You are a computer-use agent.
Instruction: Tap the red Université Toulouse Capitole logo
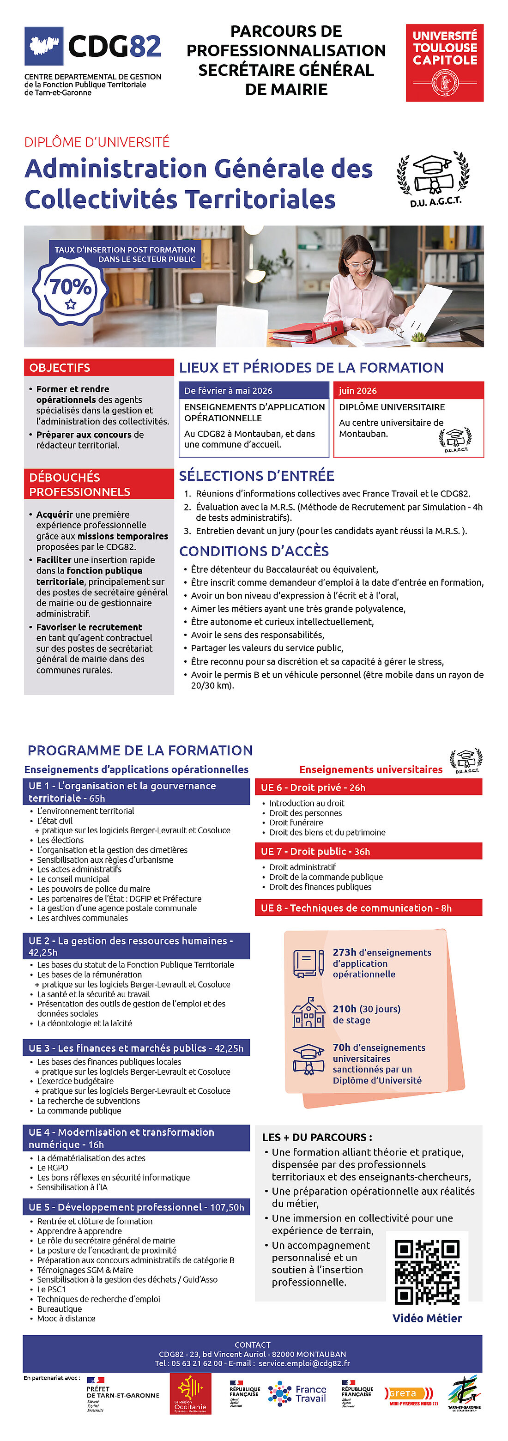(444, 63)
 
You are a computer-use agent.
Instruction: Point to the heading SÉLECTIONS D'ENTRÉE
(256, 476)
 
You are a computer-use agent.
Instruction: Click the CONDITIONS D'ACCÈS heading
(254, 551)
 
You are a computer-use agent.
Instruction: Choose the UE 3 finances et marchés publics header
(136, 1048)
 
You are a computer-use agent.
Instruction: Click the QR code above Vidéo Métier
(427, 1272)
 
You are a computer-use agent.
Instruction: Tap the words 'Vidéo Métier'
(427, 1318)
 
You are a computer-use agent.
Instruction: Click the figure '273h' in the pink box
(344, 952)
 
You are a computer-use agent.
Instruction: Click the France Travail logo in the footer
(297, 1393)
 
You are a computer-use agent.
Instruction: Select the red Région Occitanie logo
(190, 1394)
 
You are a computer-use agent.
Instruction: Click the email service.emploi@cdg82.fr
(304, 1363)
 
